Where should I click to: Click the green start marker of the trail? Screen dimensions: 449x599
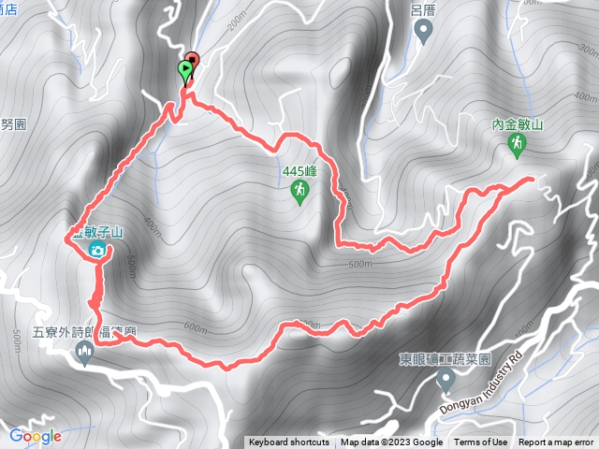[185, 70]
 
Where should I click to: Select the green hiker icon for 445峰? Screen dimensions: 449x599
[299, 193]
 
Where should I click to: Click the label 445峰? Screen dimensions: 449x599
[299, 172]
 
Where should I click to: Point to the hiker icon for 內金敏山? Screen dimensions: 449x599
[516, 143]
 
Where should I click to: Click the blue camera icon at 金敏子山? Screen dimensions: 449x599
[96, 250]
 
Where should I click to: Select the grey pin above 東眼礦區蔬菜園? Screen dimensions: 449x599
[446, 380]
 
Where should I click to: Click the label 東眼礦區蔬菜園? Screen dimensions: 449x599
[446, 358]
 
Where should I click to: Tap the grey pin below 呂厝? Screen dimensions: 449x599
[423, 32]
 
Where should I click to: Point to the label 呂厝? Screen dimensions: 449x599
[423, 10]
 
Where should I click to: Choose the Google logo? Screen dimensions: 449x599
[35, 436]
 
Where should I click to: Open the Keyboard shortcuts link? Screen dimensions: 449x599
[288, 442]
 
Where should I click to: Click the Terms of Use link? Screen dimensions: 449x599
[480, 442]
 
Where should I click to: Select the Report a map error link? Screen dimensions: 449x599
[556, 442]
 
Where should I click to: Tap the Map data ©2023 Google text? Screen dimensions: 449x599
[391, 442]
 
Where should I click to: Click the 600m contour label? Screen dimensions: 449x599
[196, 327]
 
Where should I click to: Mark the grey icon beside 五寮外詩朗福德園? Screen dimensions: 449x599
[85, 352]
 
